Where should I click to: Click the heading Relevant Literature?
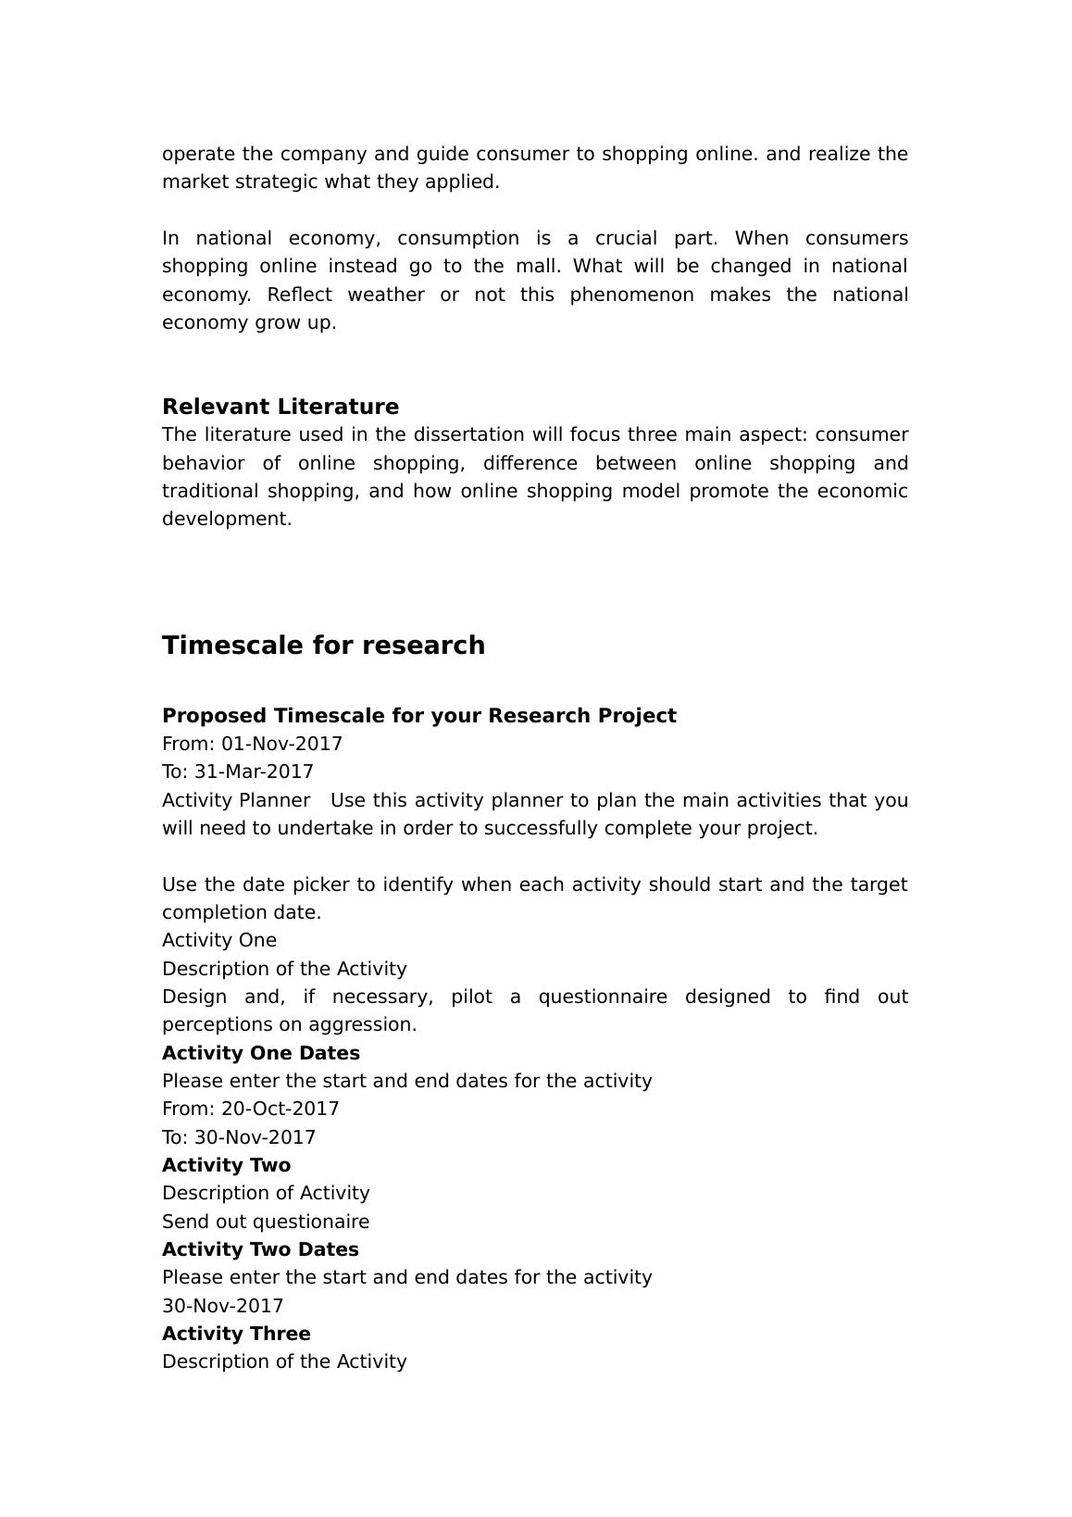click(x=280, y=407)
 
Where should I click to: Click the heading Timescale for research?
click(x=323, y=646)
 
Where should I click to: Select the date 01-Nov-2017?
click(x=281, y=744)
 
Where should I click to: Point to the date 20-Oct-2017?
click(x=280, y=1109)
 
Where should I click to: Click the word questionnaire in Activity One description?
click(x=603, y=997)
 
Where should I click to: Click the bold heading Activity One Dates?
click(x=261, y=1053)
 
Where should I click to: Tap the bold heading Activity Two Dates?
click(x=260, y=1249)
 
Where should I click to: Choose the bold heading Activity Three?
click(x=236, y=1334)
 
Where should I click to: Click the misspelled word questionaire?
click(x=310, y=1222)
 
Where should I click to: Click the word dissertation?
click(x=473, y=434)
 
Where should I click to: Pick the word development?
click(x=227, y=519)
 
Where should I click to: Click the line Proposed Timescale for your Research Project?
click(x=418, y=716)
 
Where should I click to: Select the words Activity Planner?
click(x=236, y=800)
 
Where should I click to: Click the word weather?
click(x=386, y=295)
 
